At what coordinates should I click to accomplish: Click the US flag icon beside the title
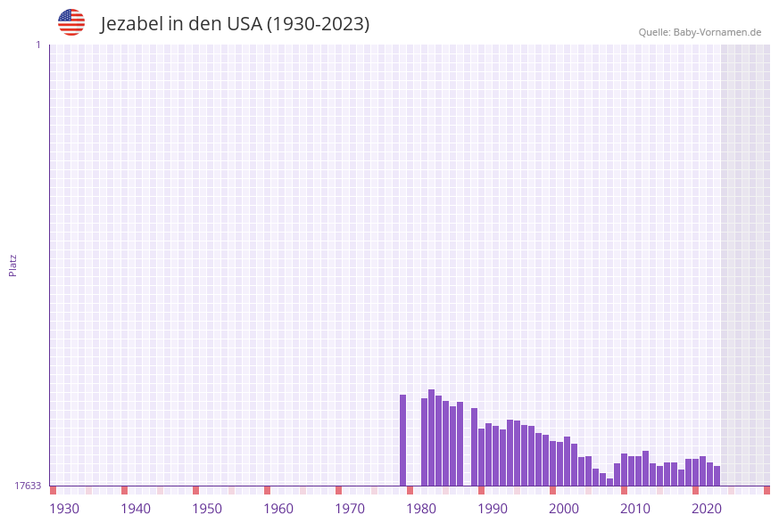point(71,22)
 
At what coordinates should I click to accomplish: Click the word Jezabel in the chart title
point(132,24)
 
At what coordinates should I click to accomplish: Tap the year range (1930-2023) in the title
point(318,24)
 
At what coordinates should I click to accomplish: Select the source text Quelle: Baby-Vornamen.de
point(700,32)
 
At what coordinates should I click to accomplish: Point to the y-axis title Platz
point(13,266)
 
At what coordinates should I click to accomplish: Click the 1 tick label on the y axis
point(38,45)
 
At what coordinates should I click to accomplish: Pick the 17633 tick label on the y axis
point(28,486)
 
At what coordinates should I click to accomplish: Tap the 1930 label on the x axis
point(64,509)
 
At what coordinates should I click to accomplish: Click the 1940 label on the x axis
point(136,509)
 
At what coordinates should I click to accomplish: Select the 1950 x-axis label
point(207,509)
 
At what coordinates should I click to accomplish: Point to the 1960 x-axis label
point(278,509)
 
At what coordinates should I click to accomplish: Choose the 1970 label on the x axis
point(350,509)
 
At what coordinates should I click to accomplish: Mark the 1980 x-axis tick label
point(421,509)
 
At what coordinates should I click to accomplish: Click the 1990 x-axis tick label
point(493,509)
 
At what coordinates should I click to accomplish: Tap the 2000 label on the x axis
point(564,509)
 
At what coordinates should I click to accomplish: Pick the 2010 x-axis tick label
point(635,509)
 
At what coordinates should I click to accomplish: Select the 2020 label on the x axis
point(707,509)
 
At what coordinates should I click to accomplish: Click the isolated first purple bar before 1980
point(402,440)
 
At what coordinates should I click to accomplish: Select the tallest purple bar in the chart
point(431,437)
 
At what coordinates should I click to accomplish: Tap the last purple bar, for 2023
point(717,476)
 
